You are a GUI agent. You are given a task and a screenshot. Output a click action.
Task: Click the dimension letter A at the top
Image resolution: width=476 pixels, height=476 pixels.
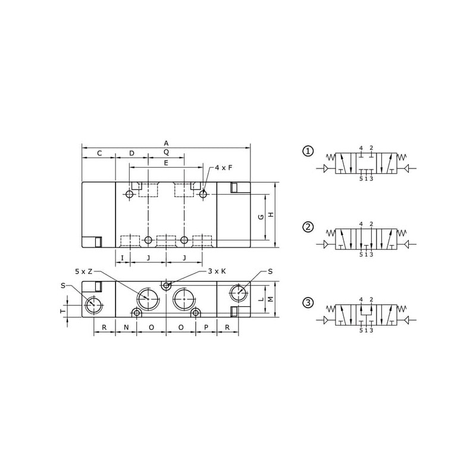166,143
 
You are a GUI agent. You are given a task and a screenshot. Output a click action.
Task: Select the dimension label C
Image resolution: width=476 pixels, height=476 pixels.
99,154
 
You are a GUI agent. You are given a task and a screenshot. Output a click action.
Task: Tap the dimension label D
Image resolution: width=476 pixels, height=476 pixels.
131,154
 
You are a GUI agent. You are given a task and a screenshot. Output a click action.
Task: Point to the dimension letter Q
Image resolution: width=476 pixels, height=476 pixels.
166,152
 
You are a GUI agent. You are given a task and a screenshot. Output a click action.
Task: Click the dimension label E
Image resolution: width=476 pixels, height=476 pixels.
166,163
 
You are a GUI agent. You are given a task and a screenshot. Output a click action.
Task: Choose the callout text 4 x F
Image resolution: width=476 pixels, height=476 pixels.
224,168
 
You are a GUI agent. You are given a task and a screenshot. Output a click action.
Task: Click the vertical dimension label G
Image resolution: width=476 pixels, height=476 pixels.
261,217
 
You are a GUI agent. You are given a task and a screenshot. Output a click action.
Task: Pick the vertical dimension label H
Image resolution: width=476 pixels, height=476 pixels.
271,215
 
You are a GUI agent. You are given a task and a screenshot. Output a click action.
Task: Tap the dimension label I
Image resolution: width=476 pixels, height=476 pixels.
123,258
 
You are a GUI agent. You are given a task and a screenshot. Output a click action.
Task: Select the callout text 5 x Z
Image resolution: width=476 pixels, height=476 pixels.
83,272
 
